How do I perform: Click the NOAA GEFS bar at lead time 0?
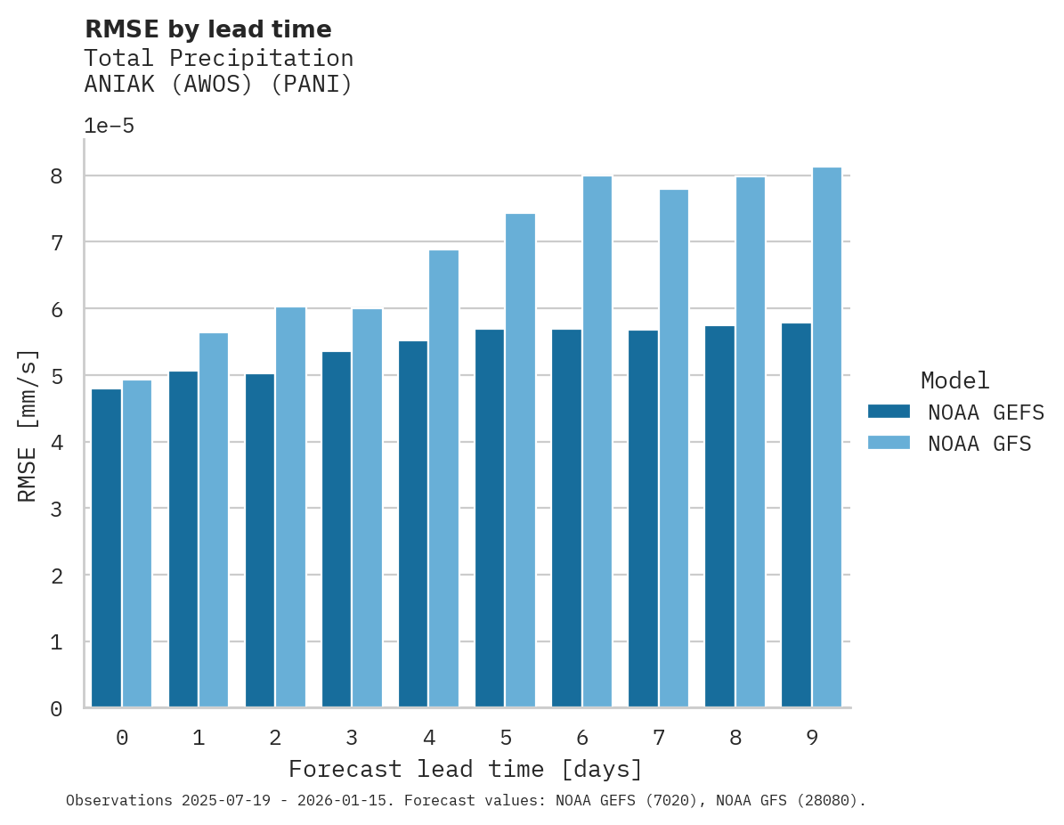point(106,548)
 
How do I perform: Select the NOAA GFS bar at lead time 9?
point(827,437)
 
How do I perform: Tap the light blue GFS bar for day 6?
point(597,442)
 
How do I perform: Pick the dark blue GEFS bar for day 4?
point(413,524)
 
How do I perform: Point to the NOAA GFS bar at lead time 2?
point(290,507)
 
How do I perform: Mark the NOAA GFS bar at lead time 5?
point(520,461)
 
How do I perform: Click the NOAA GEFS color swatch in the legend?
point(889,412)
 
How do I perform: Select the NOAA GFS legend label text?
point(979,444)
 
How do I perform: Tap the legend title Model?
point(954,380)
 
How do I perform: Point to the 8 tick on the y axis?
point(56,176)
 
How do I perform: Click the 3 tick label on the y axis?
point(56,509)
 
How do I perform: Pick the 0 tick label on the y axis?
point(56,708)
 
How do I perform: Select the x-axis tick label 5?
point(506,738)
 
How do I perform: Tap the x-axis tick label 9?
point(812,738)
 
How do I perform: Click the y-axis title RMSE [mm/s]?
point(28,425)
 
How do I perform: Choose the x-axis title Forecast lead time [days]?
point(465,769)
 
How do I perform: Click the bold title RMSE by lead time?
point(207,29)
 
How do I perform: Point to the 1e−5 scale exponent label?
point(109,127)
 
